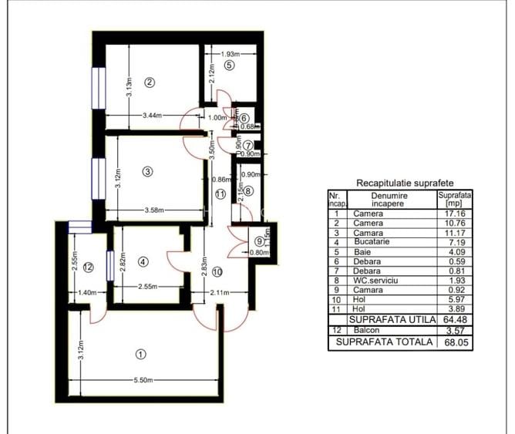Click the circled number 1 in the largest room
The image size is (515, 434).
(x=140, y=354)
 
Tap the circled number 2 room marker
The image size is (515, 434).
(x=150, y=82)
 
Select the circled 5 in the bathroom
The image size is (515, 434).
(x=228, y=66)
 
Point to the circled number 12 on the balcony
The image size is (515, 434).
(x=88, y=267)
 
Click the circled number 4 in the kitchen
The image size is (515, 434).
(x=142, y=261)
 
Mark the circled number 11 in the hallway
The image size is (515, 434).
(x=220, y=194)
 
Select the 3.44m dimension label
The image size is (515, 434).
(x=153, y=116)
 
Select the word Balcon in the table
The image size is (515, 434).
(x=365, y=330)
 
